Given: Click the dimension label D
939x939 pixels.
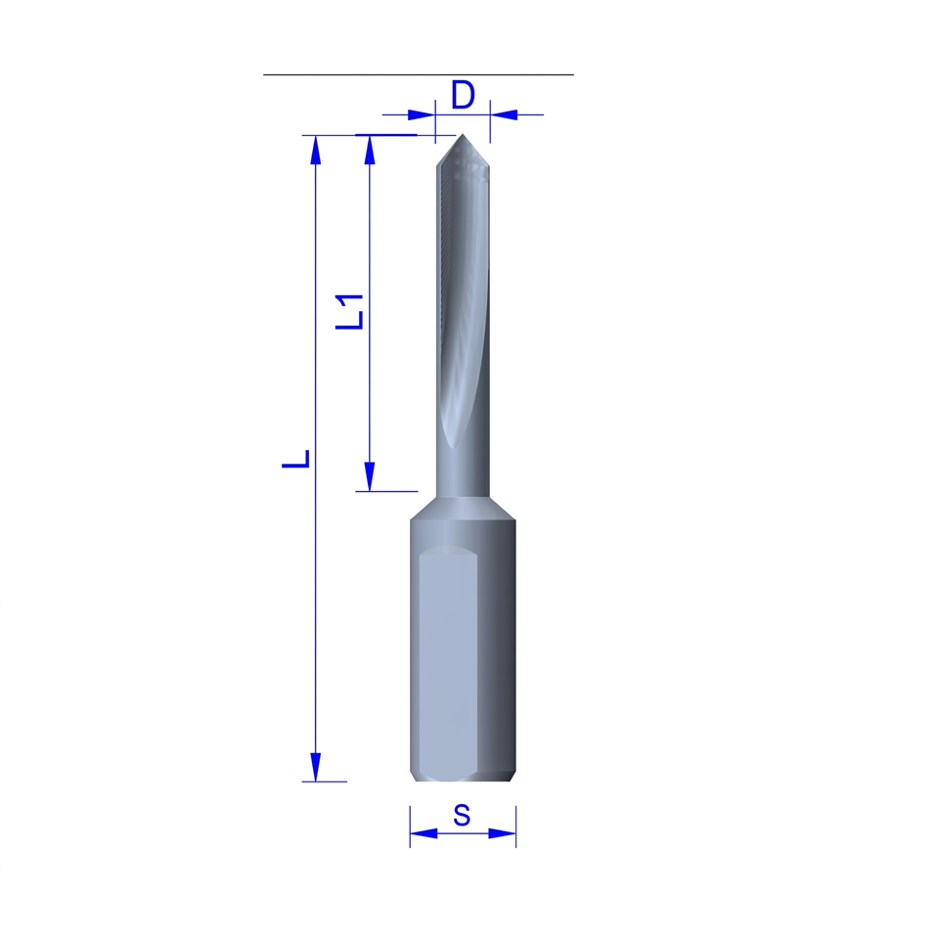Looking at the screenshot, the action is tap(463, 95).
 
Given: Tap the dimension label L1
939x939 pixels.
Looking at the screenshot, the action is tap(350, 312).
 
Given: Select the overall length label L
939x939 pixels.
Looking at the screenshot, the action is tap(296, 459).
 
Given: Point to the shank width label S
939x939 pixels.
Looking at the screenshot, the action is tap(462, 815).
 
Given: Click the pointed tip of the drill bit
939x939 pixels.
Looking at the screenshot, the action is tap(463, 135).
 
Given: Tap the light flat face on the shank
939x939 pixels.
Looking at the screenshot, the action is tap(448, 663).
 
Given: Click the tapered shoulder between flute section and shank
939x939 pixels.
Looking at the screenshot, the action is tap(463, 509).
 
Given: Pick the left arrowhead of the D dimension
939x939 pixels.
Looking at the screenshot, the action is tap(421, 114).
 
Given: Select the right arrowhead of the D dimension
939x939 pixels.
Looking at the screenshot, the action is tap(504, 114).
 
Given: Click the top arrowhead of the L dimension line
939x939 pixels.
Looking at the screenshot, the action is tap(316, 150).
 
